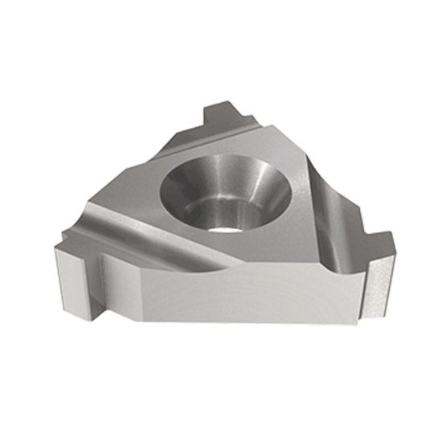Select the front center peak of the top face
point(233,261)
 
